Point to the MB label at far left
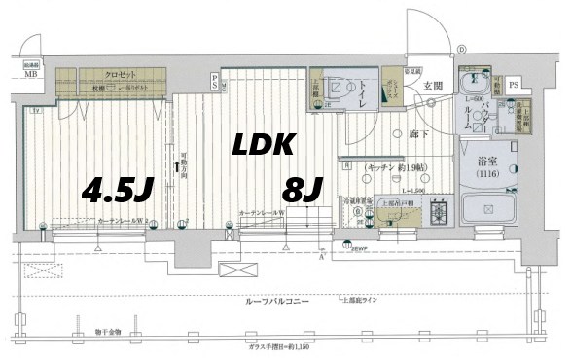(32, 74)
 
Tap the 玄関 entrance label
(432, 87)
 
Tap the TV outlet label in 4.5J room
(36, 112)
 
